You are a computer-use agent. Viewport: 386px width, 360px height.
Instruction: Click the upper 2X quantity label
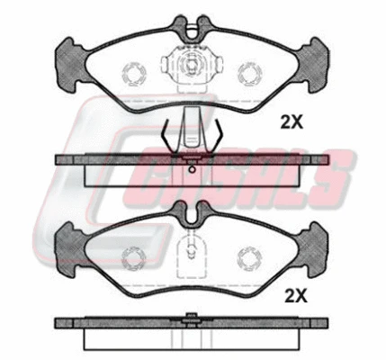point(292,121)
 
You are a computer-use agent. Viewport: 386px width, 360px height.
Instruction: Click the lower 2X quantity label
point(296,296)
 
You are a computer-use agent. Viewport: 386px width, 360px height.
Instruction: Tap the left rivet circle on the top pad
point(134,74)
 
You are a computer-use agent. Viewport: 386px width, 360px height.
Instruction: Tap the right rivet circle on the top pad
point(249,74)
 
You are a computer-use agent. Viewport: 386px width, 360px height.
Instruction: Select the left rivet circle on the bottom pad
point(134,258)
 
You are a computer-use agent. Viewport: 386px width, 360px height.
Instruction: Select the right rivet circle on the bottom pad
point(249,258)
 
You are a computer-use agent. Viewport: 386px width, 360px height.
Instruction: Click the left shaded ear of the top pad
point(71,65)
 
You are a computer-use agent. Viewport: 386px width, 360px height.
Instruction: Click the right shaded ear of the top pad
point(313,65)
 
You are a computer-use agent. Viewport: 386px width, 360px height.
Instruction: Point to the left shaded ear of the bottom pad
point(71,249)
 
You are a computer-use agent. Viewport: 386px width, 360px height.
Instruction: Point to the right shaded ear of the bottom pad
point(312,249)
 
